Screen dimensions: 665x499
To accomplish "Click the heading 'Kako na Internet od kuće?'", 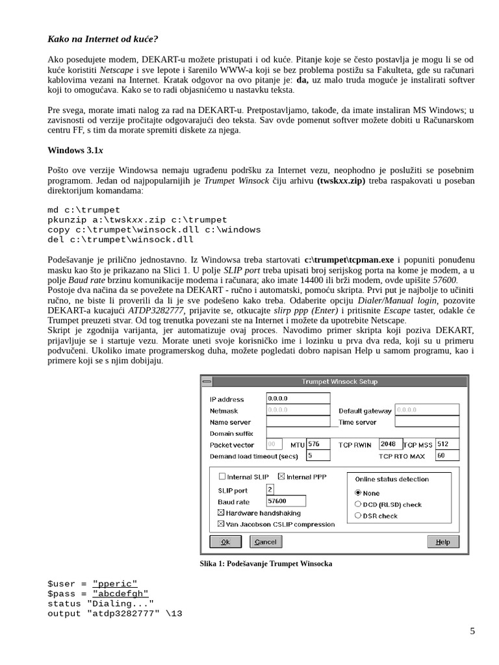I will click(103, 40).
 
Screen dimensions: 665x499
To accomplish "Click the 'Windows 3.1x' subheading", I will click(75, 150).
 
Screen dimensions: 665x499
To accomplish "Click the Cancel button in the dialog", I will click(265, 542).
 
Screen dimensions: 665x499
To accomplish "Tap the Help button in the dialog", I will click(442, 542).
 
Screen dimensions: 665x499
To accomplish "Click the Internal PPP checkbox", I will click(281, 477).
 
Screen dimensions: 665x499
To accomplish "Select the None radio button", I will click(358, 493).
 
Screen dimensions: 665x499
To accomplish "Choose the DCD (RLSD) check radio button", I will click(358, 504).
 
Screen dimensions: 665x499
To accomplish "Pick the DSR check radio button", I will click(358, 516).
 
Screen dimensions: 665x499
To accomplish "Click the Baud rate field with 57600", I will click(287, 501).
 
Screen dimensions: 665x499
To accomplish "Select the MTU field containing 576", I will click(318, 444).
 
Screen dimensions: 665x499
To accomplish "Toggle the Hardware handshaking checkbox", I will click(222, 513).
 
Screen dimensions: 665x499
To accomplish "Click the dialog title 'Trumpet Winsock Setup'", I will click(339, 381).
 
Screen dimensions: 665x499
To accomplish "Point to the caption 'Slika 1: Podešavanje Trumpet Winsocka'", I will click(266, 564).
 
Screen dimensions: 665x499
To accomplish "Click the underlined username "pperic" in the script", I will click(115, 583).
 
